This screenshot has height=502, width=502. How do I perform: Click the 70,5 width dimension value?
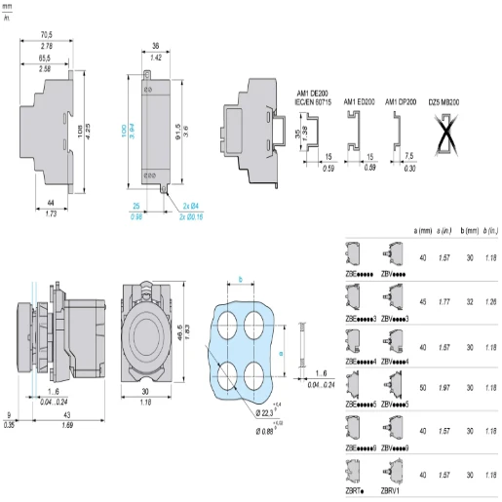[x=46, y=35]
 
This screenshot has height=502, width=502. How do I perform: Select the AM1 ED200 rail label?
[x=357, y=99]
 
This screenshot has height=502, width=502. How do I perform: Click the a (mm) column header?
[x=422, y=230]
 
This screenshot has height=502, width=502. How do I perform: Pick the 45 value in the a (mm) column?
[x=422, y=301]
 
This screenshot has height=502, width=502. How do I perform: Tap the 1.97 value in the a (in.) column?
[x=445, y=389]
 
